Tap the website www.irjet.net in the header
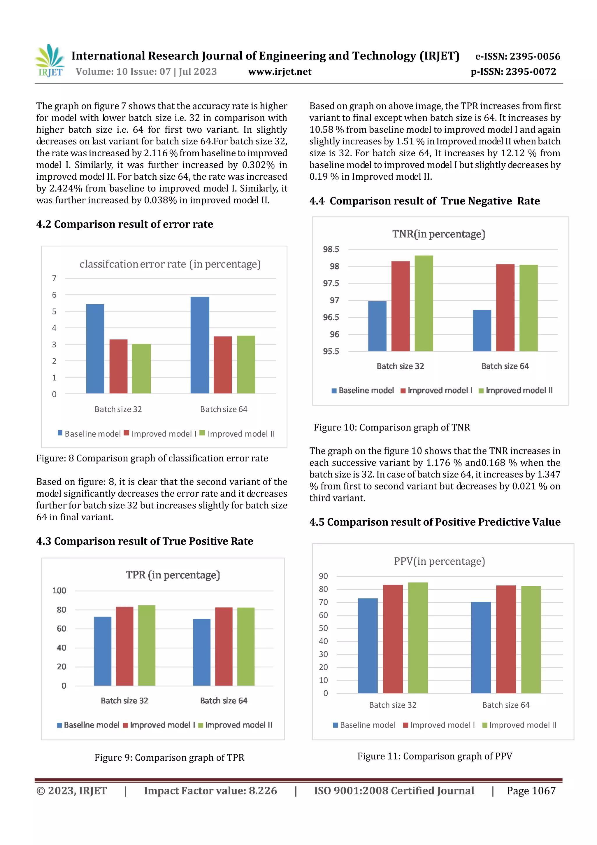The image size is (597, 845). click(280, 71)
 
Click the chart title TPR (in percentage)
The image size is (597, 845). click(173, 575)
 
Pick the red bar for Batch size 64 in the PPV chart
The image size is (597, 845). click(506, 639)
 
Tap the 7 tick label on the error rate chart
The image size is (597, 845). click(54, 278)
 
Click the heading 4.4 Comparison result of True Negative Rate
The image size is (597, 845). click(424, 201)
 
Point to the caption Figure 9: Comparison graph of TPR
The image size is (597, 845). click(169, 757)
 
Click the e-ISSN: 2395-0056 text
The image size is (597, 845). click(517, 56)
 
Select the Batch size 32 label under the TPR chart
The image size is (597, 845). click(124, 700)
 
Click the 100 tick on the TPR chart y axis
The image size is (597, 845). click(59, 591)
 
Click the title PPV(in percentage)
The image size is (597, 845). click(439, 561)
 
